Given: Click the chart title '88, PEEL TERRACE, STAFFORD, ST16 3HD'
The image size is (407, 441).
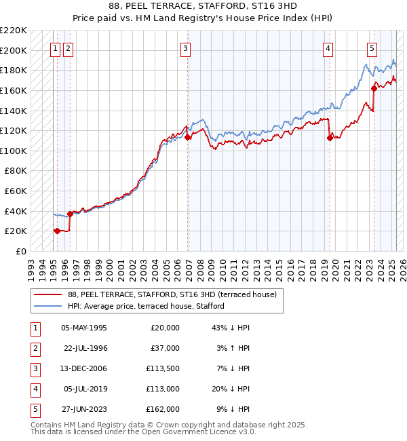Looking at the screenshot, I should point(203,7).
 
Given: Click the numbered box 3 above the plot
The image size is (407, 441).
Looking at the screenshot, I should point(186,48).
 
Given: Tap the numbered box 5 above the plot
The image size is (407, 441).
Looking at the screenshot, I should point(372,48).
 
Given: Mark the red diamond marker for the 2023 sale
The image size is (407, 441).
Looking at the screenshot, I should point(374,88).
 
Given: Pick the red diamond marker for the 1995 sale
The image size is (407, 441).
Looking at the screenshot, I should point(57,231).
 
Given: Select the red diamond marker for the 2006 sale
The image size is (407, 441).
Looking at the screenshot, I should point(188,137).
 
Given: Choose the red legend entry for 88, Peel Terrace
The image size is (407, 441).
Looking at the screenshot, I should point(172,295).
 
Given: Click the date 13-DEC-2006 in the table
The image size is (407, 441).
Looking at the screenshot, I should point(84,368).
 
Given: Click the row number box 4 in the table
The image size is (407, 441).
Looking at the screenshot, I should point(33,389).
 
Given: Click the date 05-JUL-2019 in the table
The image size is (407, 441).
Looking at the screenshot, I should point(84,389).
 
